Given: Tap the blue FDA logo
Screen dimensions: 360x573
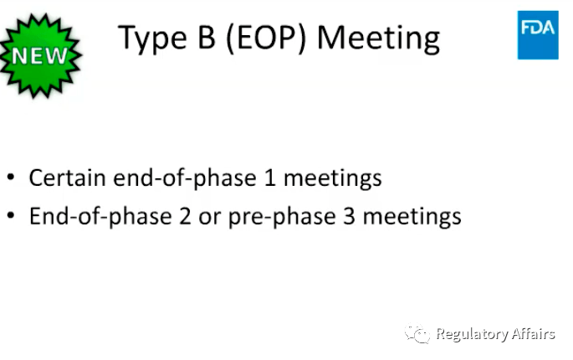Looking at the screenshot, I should (x=538, y=34).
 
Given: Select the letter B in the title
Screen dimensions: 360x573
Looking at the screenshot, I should (x=209, y=38).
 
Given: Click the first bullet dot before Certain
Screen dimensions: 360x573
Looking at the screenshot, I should (x=11, y=178).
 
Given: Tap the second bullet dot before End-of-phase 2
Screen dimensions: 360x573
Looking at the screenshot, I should (x=11, y=217).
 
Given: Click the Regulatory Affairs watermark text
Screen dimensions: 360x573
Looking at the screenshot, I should (x=495, y=335).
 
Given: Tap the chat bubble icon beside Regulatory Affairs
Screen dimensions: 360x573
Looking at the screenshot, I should (x=417, y=335).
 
